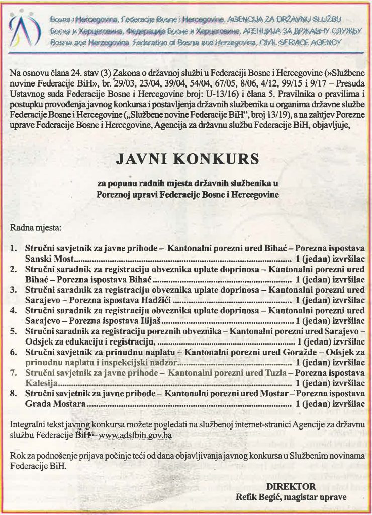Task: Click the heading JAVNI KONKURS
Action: coord(188,159)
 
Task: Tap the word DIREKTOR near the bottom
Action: coord(292,486)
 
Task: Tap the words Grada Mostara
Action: coord(56,403)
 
